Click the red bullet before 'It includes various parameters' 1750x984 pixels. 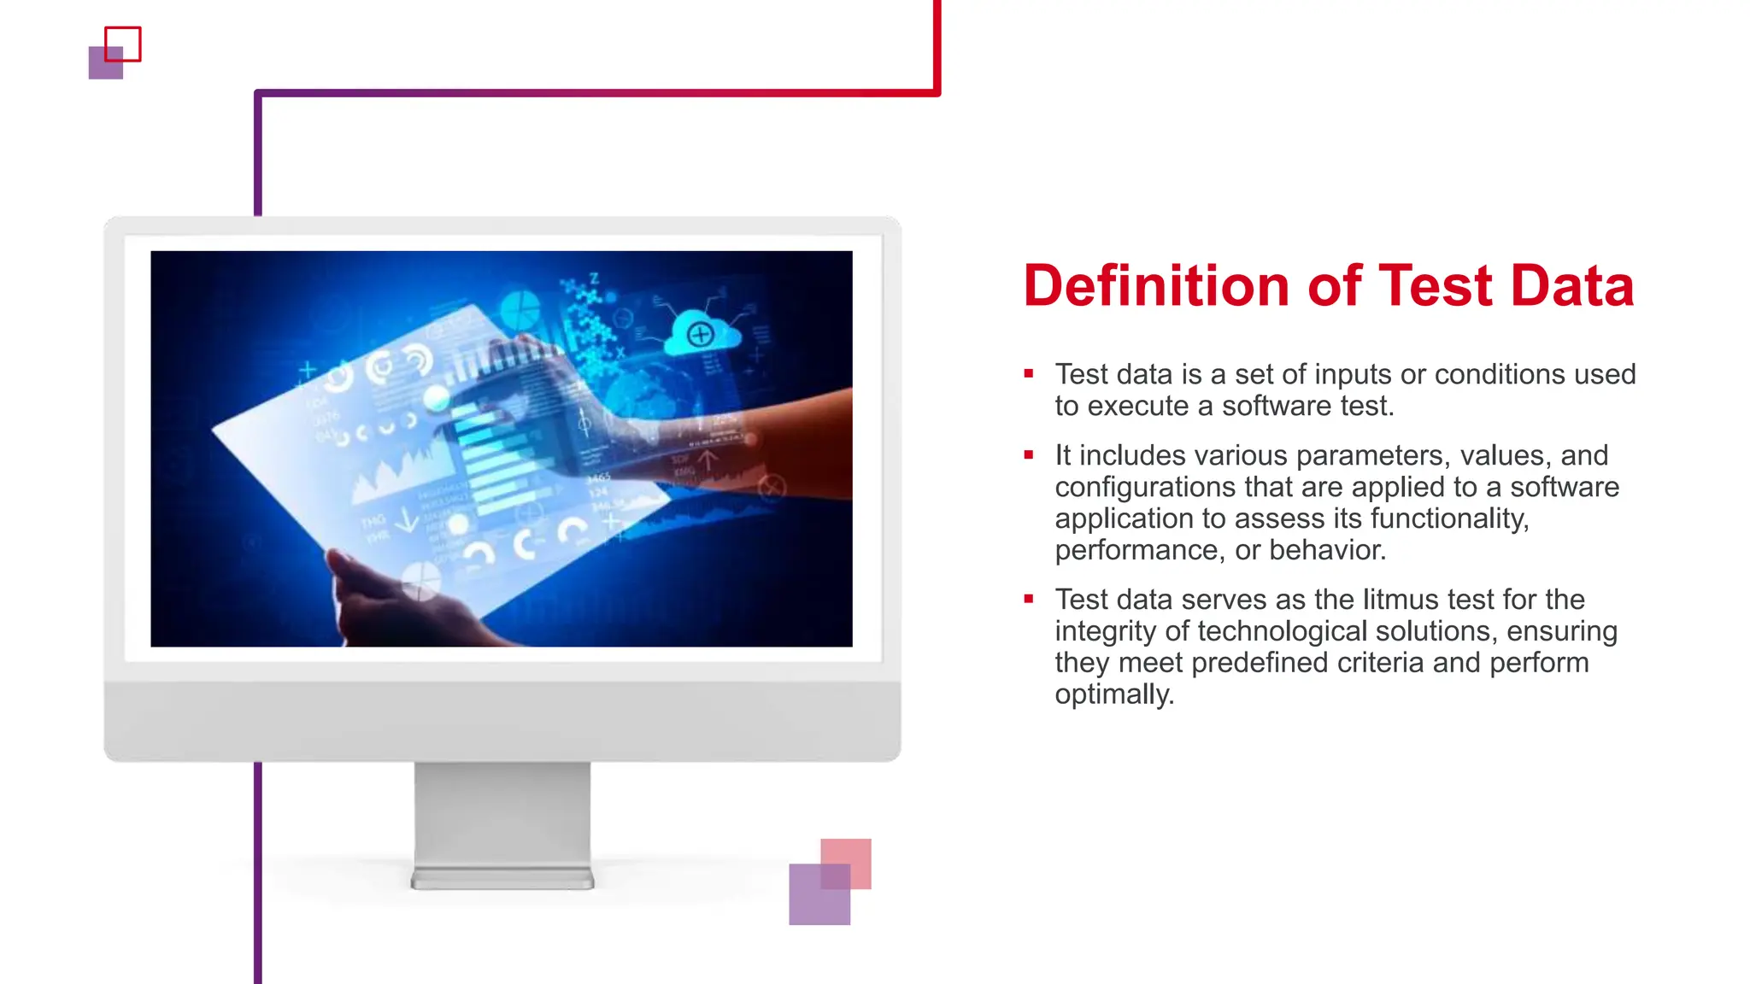1029,455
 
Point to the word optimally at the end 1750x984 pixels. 1113,694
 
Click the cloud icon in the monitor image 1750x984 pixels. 702,334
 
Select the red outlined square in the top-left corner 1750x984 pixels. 123,44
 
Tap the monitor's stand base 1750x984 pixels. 502,879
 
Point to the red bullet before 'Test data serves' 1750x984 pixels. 1029,600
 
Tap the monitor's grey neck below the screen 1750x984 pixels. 502,811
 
